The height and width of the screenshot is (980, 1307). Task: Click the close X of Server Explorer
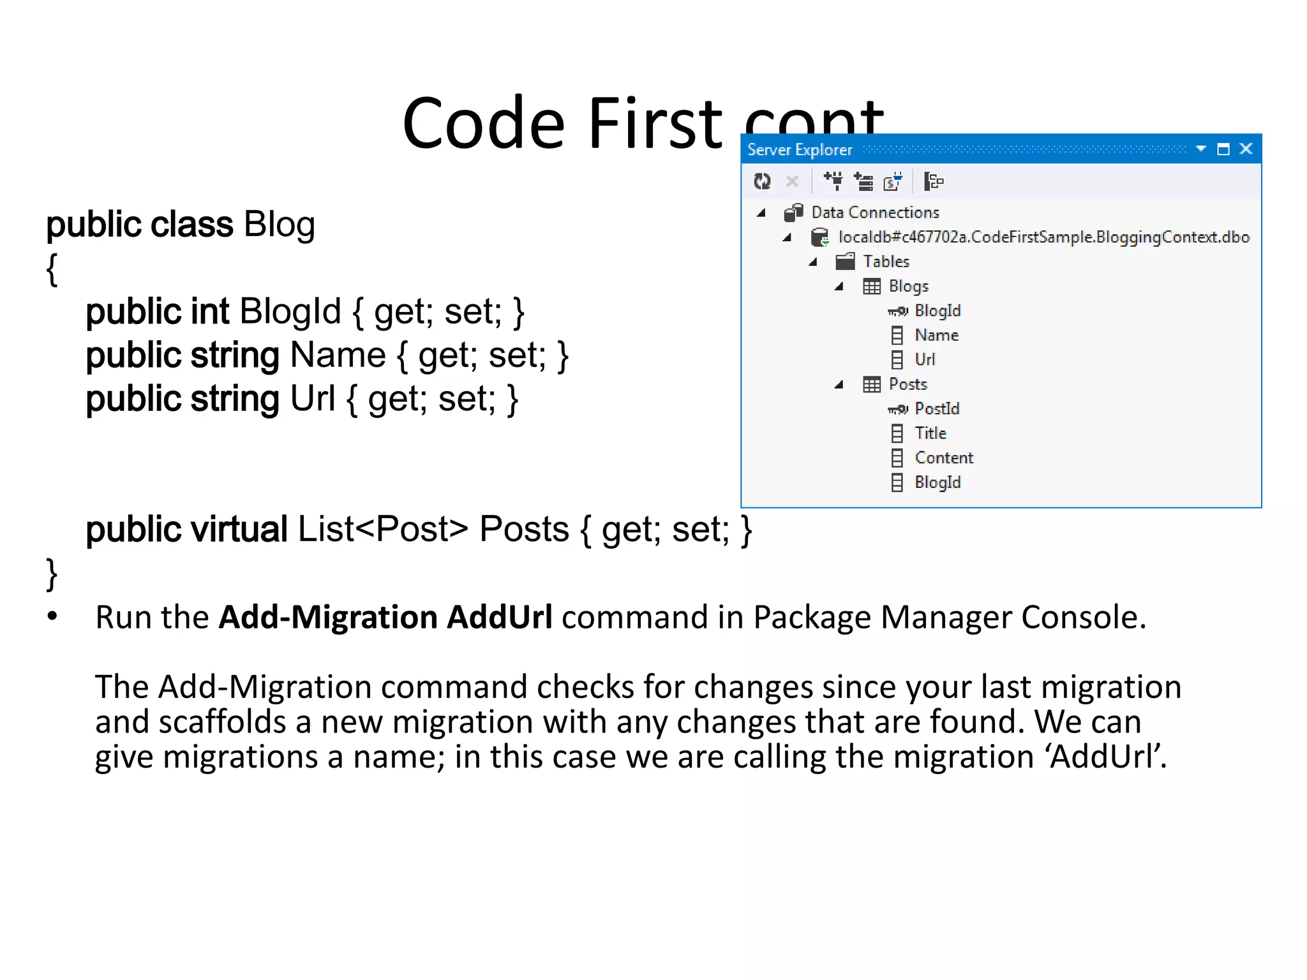click(x=1246, y=149)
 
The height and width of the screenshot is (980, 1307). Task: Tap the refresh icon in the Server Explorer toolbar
click(x=762, y=182)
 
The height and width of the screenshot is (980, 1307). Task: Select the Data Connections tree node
click(x=875, y=212)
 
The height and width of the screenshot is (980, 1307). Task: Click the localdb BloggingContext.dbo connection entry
click(x=1043, y=237)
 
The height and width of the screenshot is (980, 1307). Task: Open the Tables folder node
click(x=886, y=262)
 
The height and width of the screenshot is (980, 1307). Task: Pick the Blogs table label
click(x=908, y=286)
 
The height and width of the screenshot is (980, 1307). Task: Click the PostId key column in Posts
click(x=937, y=409)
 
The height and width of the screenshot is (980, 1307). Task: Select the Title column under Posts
click(x=930, y=433)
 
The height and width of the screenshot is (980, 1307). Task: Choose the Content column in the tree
click(x=944, y=458)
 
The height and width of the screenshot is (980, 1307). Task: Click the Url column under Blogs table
click(x=925, y=360)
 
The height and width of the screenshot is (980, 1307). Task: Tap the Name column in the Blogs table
click(x=936, y=336)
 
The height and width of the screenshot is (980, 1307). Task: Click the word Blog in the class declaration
click(x=279, y=225)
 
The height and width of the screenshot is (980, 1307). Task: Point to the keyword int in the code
click(x=209, y=312)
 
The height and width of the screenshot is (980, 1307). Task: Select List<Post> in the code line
click(x=383, y=530)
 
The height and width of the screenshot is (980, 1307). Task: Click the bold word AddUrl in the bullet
click(x=499, y=618)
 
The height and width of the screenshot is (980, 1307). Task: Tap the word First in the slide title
click(x=655, y=123)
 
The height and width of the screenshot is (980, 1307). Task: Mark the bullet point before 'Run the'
click(x=52, y=616)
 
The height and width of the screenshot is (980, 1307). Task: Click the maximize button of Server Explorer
click(x=1223, y=149)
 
